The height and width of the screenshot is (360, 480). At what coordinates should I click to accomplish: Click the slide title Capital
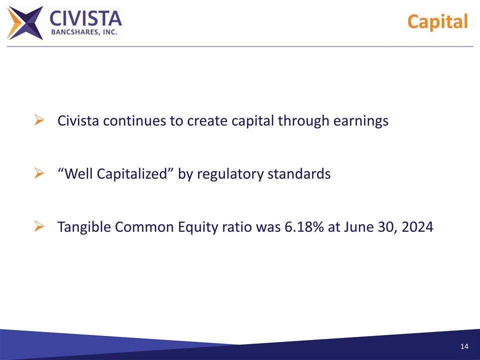(x=437, y=22)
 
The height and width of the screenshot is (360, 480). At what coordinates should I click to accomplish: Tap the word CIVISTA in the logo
(x=85, y=18)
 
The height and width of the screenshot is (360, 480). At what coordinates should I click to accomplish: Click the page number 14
(x=464, y=347)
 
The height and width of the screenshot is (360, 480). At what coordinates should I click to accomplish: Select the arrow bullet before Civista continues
(x=40, y=120)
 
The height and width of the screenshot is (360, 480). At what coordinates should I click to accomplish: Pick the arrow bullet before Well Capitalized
(x=40, y=173)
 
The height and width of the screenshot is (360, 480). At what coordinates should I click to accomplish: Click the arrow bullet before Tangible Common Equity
(x=40, y=227)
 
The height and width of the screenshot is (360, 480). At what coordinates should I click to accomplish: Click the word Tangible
(x=84, y=228)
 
